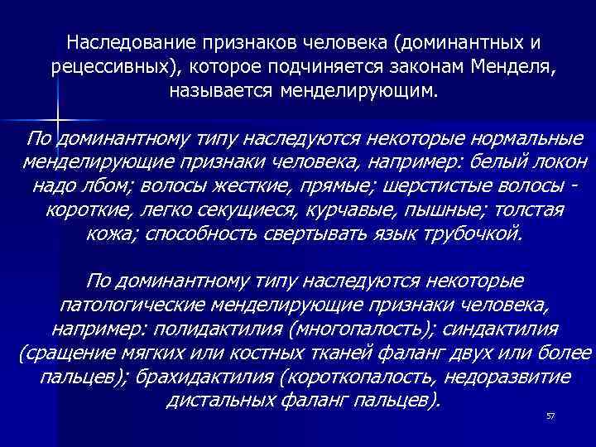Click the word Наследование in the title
point(123,41)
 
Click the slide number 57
point(550,416)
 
